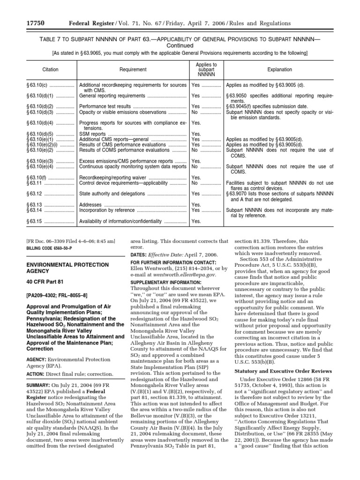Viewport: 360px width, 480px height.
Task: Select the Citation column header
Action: click(50, 69)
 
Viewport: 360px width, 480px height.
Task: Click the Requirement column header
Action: click(133, 69)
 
